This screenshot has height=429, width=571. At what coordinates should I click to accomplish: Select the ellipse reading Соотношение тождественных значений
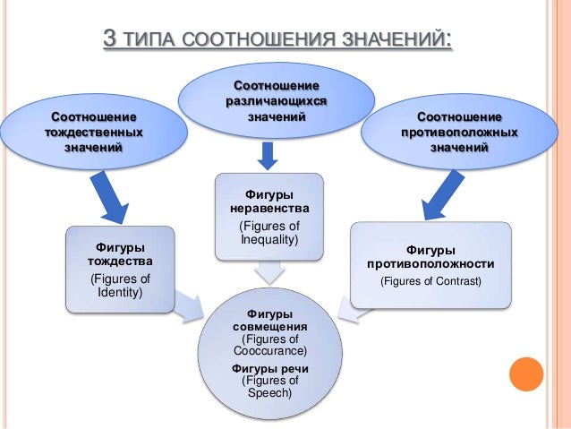94,133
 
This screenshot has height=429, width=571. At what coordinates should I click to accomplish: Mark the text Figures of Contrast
430,281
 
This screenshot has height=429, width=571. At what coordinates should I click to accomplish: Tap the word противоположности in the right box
430,264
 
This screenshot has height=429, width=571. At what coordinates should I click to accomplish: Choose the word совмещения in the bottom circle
269,328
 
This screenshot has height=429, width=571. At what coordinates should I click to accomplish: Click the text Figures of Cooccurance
269,345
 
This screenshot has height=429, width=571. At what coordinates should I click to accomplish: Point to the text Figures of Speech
269,386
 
